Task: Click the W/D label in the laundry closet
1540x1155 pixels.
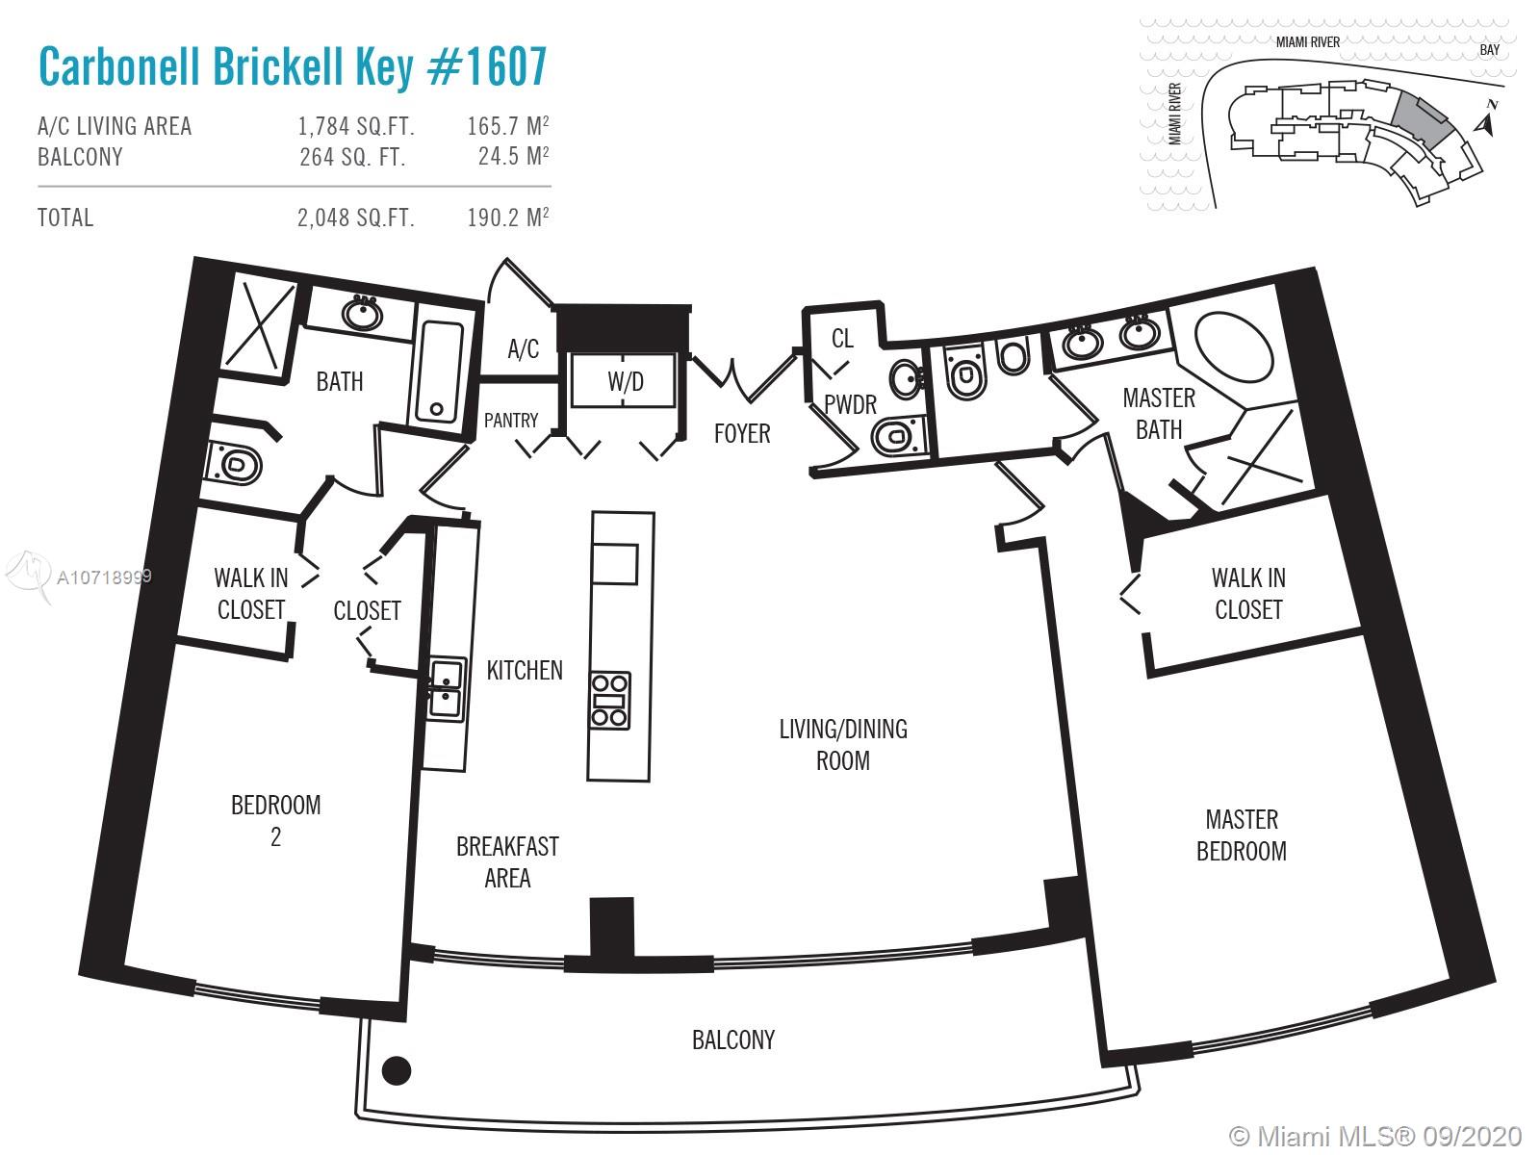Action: coord(625,382)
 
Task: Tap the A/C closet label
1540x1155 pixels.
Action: coord(523,348)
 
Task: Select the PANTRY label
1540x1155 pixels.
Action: coord(511,421)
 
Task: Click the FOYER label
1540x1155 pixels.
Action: coord(741,434)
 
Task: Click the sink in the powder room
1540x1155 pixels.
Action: coord(905,378)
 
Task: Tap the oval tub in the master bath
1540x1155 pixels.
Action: coord(1234,347)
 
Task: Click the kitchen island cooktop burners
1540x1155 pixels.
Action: coord(610,700)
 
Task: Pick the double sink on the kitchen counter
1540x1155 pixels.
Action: coord(446,688)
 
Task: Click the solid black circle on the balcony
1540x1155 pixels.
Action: coord(397,1069)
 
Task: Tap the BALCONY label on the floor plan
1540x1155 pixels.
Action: coord(732,1039)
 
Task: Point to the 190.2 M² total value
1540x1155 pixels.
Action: coord(507,218)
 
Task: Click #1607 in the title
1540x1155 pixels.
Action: coord(486,66)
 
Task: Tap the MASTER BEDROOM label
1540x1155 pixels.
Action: coord(1241,834)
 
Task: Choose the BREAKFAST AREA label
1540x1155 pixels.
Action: coord(507,861)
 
